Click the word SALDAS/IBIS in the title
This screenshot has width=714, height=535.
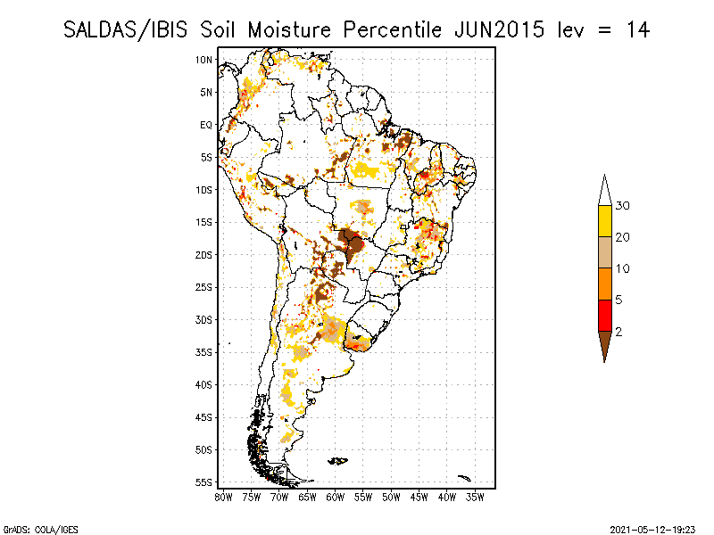pos(130,29)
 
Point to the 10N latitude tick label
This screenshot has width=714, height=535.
pos(203,60)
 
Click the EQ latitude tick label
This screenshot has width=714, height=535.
pos(206,125)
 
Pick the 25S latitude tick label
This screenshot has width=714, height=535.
pos(203,287)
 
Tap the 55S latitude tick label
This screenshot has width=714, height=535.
pos(203,482)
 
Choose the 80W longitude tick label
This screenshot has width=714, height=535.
pos(223,497)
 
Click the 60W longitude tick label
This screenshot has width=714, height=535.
pos(336,497)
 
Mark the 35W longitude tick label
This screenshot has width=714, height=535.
pos(476,497)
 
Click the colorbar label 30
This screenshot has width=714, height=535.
pos(623,206)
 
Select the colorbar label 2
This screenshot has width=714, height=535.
pos(619,331)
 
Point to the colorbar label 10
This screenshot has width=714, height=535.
pos(623,268)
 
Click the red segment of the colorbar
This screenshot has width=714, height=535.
pos(604,315)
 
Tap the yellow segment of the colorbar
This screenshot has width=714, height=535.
pos(604,221)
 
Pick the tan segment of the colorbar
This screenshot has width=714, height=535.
pos(604,252)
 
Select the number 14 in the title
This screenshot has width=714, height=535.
pos(636,29)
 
